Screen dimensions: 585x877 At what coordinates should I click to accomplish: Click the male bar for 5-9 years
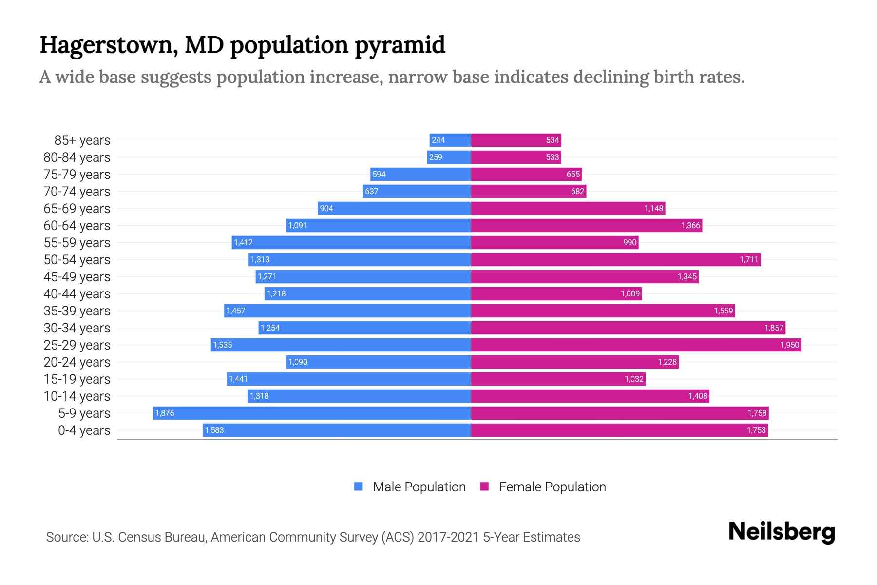click(312, 413)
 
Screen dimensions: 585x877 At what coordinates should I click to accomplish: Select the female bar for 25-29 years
click(636, 345)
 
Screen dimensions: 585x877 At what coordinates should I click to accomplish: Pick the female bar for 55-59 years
click(554, 242)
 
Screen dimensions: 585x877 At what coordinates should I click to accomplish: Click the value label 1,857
click(773, 328)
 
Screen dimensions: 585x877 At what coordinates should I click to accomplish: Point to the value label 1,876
click(165, 413)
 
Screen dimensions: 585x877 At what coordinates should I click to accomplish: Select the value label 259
click(436, 157)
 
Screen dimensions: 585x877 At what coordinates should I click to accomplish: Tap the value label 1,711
click(749, 259)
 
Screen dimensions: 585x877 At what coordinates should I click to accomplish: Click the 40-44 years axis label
click(77, 294)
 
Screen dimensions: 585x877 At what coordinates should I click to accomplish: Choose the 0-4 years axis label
click(84, 430)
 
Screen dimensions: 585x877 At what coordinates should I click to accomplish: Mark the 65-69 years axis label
click(77, 209)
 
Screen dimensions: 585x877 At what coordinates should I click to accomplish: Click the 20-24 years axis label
click(77, 362)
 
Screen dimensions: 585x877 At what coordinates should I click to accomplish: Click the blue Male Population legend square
click(359, 487)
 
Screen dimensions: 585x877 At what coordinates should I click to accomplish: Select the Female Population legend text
click(552, 487)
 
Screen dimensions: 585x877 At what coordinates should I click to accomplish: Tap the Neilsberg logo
click(782, 532)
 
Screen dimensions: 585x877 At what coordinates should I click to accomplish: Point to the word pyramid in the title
click(400, 45)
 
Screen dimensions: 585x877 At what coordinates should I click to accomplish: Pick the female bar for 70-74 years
click(528, 191)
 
